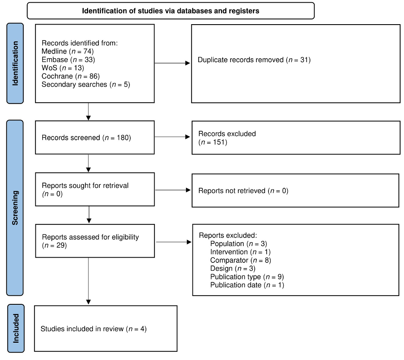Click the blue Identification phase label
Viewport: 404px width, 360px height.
(x=15, y=63)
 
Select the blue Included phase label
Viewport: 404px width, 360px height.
(x=16, y=328)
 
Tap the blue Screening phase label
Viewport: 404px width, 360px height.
(x=15, y=208)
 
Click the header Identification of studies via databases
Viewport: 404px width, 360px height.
(x=170, y=11)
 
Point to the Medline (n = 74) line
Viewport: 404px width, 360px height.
(x=67, y=51)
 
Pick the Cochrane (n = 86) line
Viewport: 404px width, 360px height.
(x=71, y=76)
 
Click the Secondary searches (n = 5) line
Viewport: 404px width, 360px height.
(x=86, y=84)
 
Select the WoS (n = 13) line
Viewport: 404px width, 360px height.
(x=63, y=68)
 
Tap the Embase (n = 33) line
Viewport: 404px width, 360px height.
(x=68, y=60)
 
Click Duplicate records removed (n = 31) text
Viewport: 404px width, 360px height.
(x=254, y=60)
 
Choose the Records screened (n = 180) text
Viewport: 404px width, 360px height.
(x=86, y=138)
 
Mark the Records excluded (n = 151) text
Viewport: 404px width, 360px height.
(x=227, y=138)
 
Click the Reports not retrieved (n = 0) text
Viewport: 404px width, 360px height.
(x=243, y=191)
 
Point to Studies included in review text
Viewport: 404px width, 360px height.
(x=94, y=329)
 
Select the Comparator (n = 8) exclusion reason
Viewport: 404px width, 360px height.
(x=241, y=260)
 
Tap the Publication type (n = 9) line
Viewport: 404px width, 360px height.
(x=247, y=277)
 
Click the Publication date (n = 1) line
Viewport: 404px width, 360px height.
(x=247, y=285)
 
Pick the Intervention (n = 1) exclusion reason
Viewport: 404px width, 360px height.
(x=240, y=252)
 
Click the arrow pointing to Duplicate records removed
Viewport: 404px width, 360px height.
(x=172, y=63)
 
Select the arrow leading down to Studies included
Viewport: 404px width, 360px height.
(x=88, y=281)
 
